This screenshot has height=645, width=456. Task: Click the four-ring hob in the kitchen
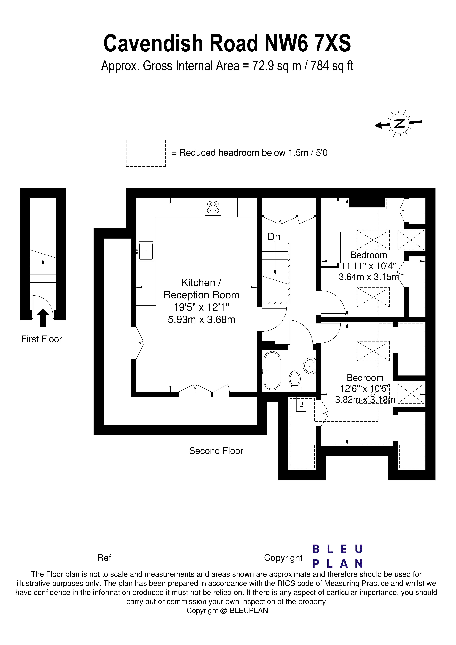click(213, 207)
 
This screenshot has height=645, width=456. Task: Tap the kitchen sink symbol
click(146, 251)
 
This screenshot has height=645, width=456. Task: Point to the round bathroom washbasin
click(309, 366)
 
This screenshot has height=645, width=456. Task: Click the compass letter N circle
click(399, 124)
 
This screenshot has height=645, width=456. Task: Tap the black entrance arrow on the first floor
click(43, 317)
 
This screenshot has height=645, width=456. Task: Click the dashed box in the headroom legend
click(146, 153)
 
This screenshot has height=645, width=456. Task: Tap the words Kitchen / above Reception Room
click(201, 283)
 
